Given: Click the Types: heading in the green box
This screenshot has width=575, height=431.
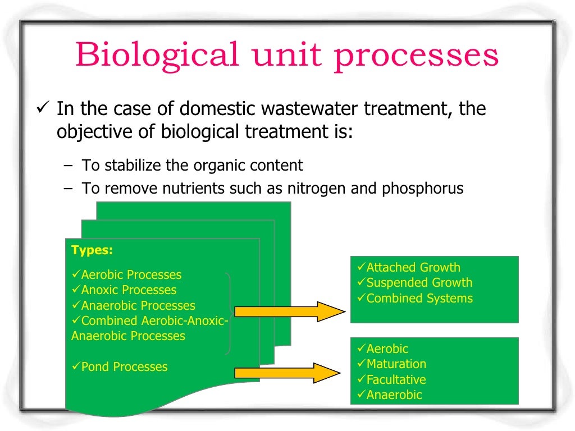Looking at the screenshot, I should coord(92,250).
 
